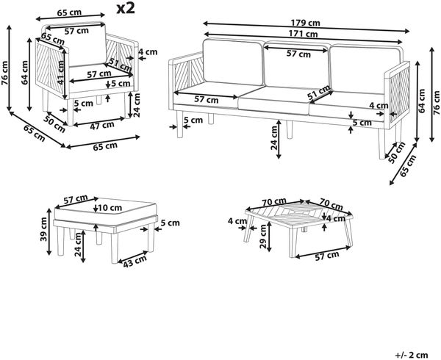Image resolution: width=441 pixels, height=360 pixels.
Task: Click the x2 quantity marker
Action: [126, 9]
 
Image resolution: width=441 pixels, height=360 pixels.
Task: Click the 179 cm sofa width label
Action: [306, 23]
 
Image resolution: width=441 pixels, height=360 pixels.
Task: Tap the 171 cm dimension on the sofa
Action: [304, 34]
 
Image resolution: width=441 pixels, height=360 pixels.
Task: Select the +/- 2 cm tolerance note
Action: [412, 355]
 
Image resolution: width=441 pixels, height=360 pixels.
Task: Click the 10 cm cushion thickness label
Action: [110, 208]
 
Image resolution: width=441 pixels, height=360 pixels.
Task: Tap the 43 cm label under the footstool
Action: [135, 260]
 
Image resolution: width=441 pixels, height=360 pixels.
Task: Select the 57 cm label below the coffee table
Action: [327, 256]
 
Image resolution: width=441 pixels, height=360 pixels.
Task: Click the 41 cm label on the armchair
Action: [61, 72]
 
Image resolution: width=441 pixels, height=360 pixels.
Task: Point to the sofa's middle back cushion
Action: [297, 65]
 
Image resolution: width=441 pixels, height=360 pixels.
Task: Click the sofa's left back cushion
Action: [233, 62]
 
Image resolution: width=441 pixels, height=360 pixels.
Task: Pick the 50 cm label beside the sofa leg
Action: [397, 153]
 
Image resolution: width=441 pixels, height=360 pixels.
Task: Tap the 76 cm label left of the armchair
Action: [5, 73]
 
